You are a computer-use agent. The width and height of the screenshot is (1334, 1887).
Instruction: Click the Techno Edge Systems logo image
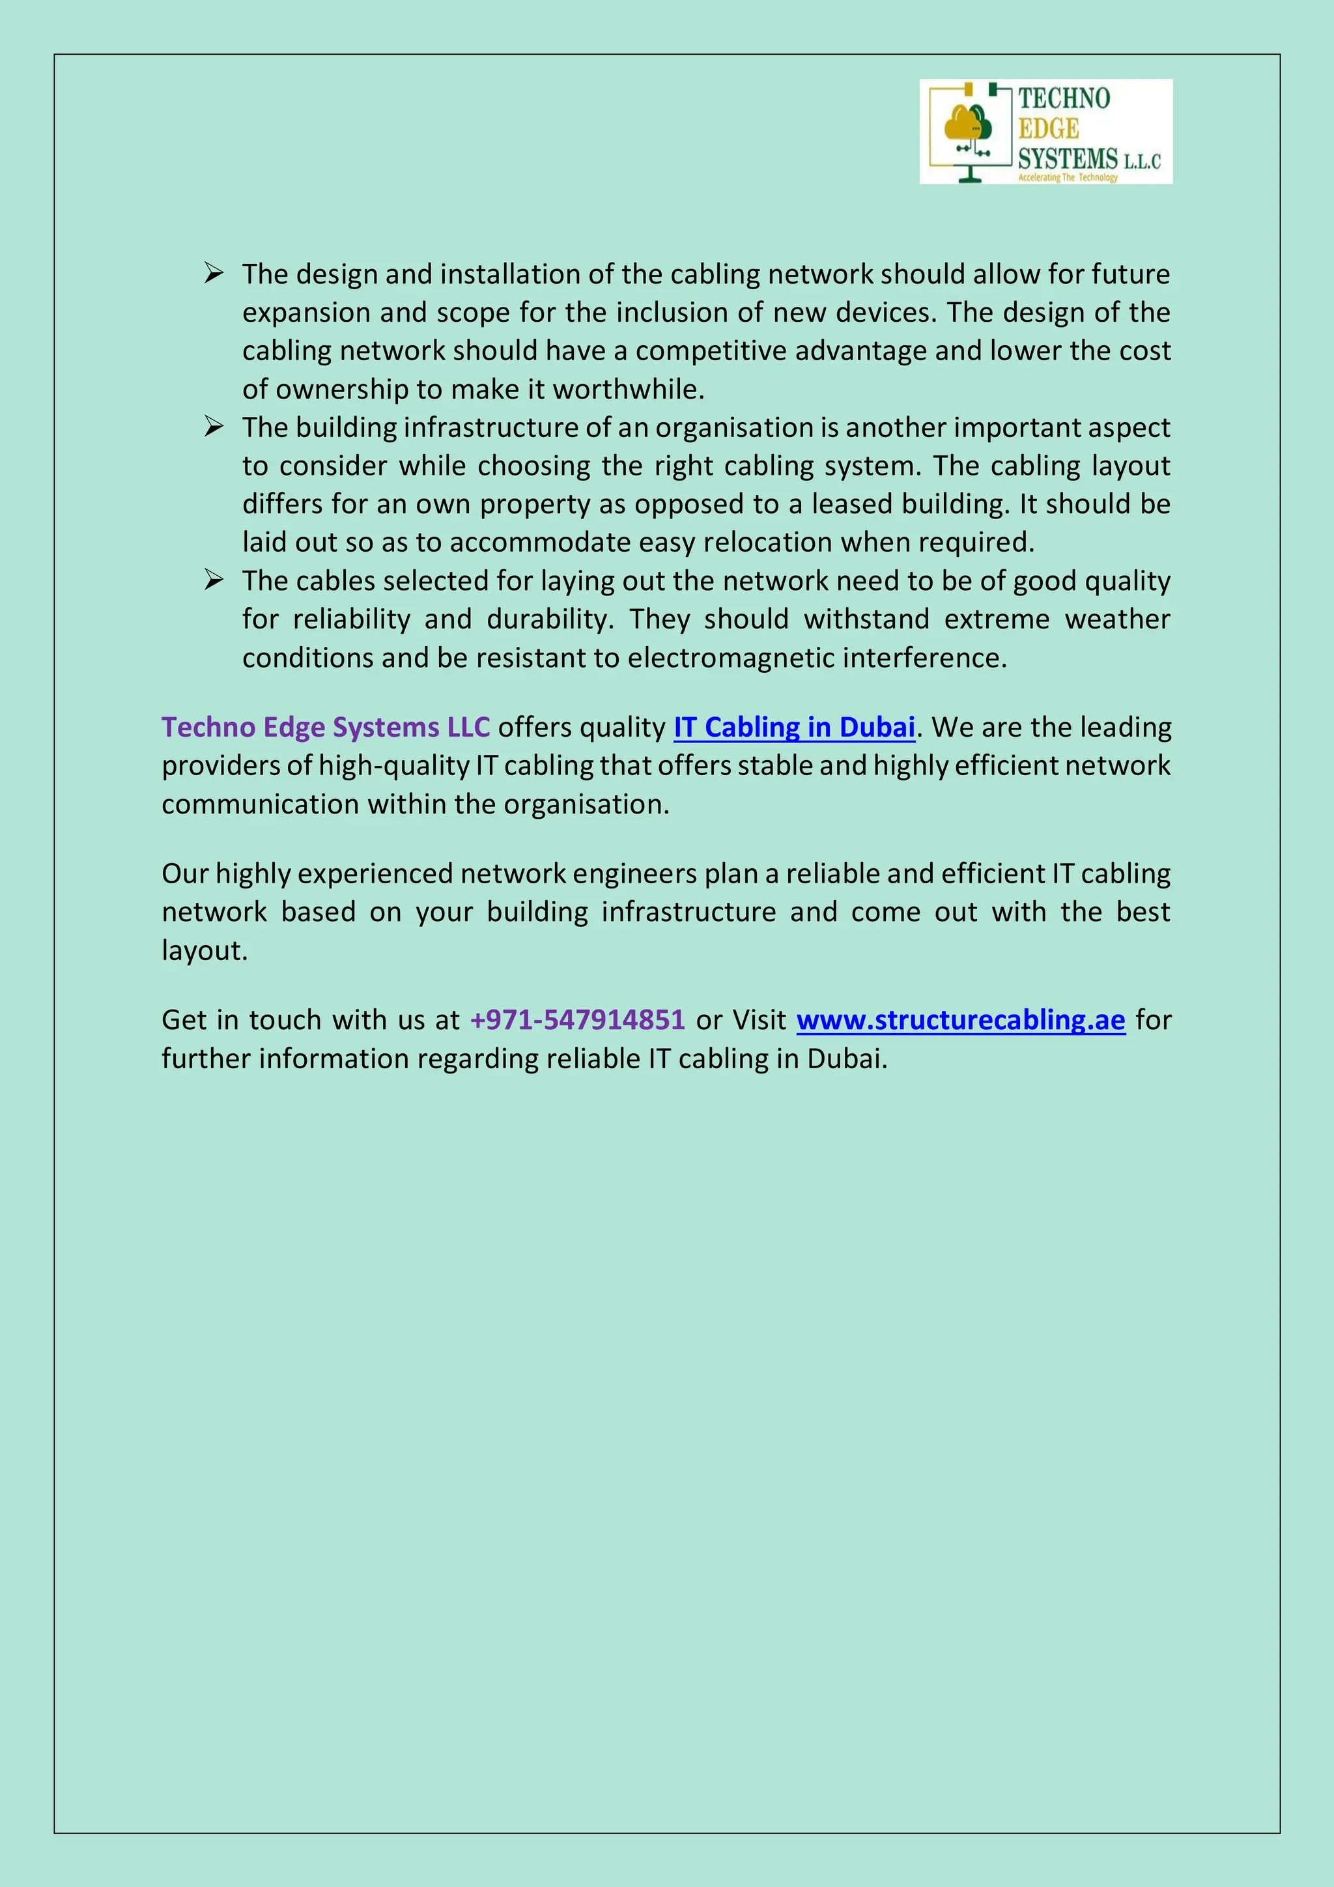1045,132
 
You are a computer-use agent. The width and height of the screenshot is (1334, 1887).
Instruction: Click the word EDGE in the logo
1048,129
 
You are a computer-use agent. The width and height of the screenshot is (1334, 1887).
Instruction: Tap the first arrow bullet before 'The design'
214,273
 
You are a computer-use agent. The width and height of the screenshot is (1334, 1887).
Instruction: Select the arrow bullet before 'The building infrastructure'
214,426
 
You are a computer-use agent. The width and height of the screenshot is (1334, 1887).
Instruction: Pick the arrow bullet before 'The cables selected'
214,580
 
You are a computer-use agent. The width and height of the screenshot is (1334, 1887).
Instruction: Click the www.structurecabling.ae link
960,1020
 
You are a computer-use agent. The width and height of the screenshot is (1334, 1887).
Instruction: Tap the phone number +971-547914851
577,1020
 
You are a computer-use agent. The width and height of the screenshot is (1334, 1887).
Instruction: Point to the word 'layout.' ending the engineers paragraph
205,951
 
